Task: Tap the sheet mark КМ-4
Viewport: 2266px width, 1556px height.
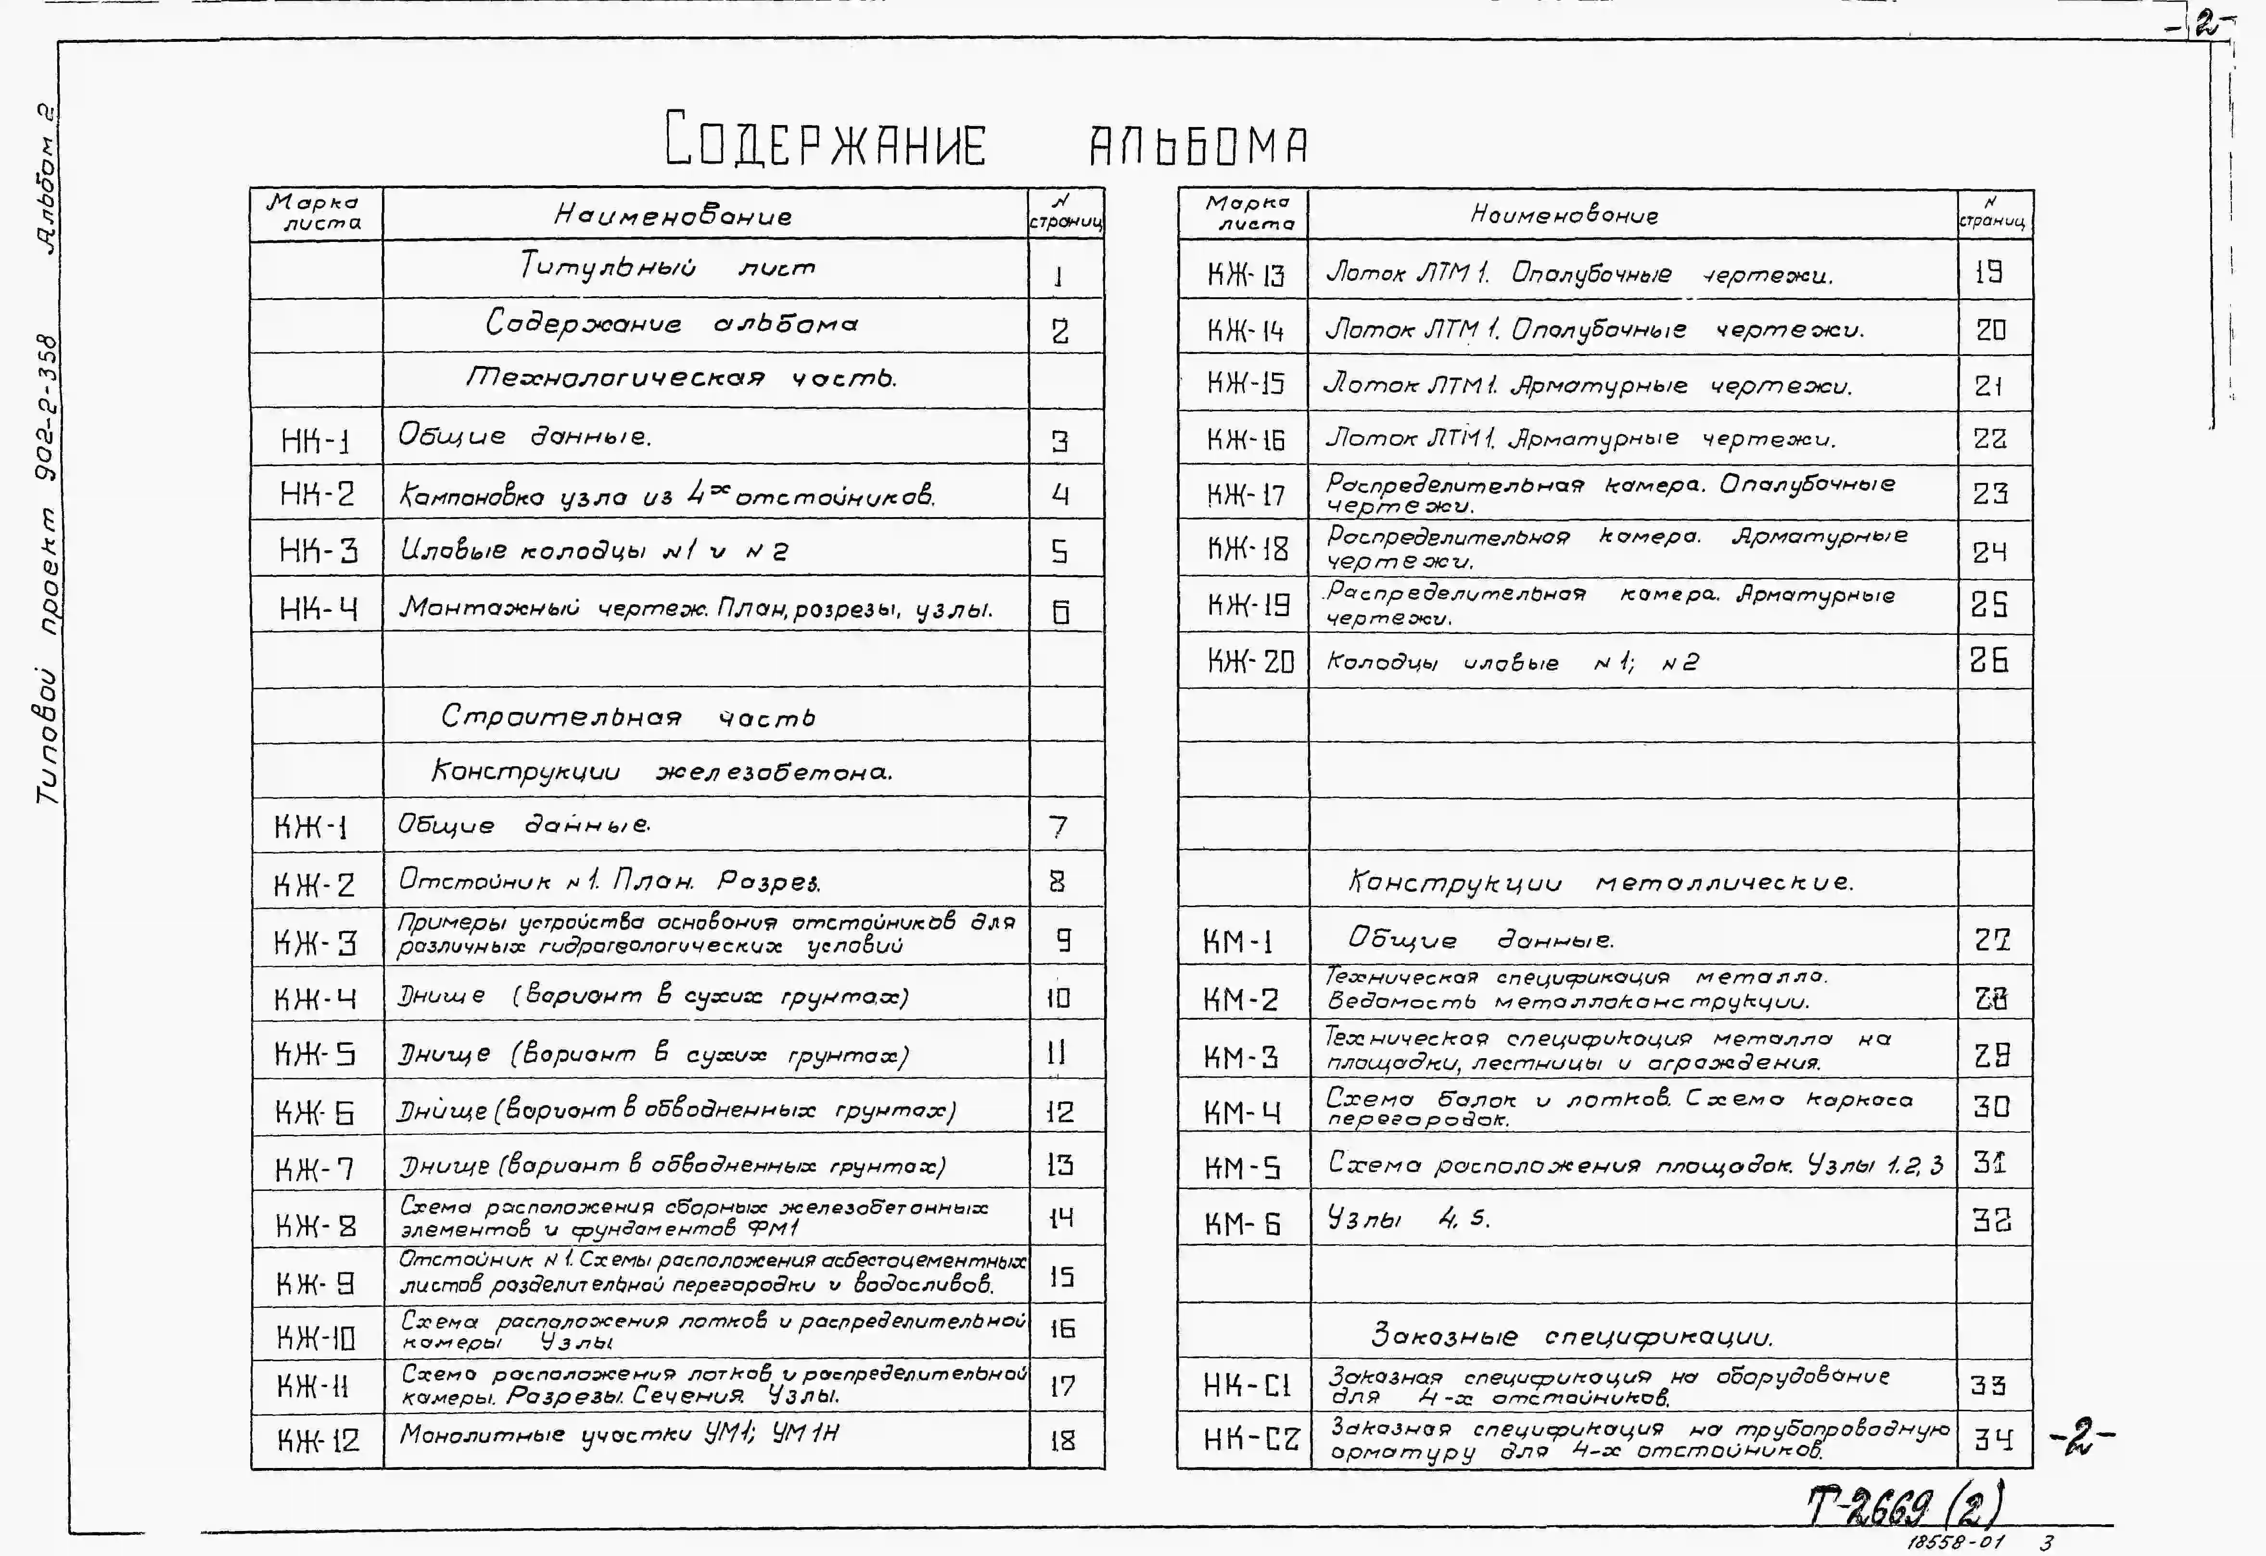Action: click(x=1241, y=1112)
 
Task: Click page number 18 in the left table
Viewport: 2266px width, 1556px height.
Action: click(x=1063, y=1440)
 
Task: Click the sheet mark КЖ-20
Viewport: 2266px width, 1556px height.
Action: click(x=1250, y=662)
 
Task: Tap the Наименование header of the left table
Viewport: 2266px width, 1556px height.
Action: click(x=673, y=215)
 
